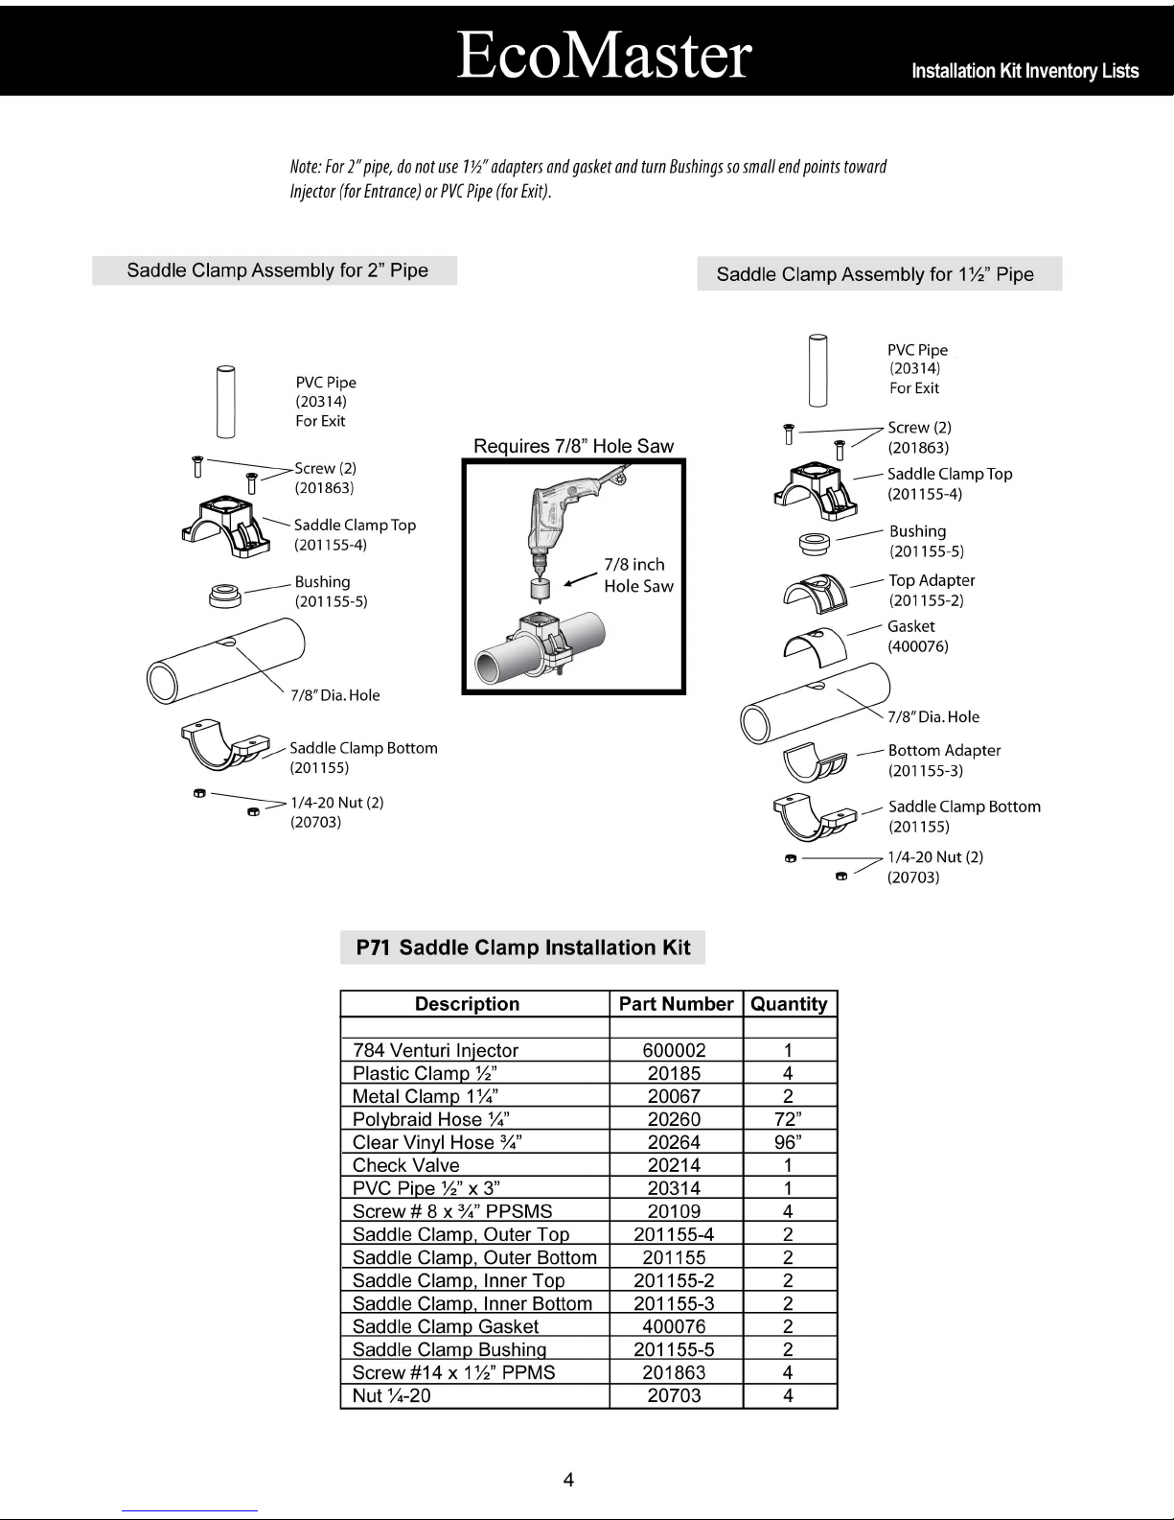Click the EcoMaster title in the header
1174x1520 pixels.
pos(604,55)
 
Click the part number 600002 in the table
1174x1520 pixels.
pos(674,1050)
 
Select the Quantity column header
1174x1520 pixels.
pos(789,1004)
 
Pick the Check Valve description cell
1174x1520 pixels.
pos(406,1165)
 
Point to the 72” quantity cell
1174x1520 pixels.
pos(788,1119)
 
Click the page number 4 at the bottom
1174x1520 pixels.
pos(568,1480)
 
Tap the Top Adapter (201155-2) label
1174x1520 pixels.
pos(931,590)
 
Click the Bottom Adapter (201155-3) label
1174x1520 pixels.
pos(943,760)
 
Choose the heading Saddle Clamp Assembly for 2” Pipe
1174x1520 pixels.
pos(276,270)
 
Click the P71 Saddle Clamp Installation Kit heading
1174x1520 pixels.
pos(522,947)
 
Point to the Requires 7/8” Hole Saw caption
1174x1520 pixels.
pos(573,446)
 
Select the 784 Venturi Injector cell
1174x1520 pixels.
pos(435,1050)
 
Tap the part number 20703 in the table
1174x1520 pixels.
pos(674,1395)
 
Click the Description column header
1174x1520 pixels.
pos(467,1004)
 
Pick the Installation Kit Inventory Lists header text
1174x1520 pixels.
pos(1024,71)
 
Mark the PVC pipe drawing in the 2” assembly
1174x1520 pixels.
pos(224,401)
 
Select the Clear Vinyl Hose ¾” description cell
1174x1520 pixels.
pos(437,1142)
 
